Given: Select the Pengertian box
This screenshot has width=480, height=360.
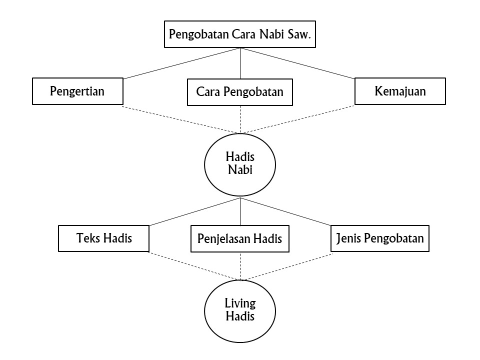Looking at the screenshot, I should click(x=77, y=91).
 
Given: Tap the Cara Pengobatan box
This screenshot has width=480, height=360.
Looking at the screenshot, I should click(x=240, y=92).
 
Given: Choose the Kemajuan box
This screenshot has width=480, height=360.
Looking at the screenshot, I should click(x=400, y=91).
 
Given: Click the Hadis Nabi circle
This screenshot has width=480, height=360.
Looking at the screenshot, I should click(x=240, y=163).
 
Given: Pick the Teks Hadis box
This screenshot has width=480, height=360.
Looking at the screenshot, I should click(x=104, y=238).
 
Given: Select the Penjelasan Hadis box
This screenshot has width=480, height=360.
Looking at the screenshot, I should click(x=240, y=238).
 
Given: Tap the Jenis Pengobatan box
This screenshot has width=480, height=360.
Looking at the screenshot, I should click(x=380, y=238).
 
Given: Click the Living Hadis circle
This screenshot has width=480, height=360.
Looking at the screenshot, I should click(x=240, y=310).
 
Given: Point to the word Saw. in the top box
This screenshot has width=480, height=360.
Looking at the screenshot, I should click(x=302, y=35).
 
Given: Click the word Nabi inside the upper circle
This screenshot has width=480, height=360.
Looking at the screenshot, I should click(x=240, y=169).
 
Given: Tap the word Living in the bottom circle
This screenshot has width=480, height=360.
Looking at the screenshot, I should click(x=240, y=303).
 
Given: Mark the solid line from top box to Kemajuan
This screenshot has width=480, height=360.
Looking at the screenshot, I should click(x=297, y=63).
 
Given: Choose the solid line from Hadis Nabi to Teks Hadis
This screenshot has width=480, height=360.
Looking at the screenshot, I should click(x=195, y=211).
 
